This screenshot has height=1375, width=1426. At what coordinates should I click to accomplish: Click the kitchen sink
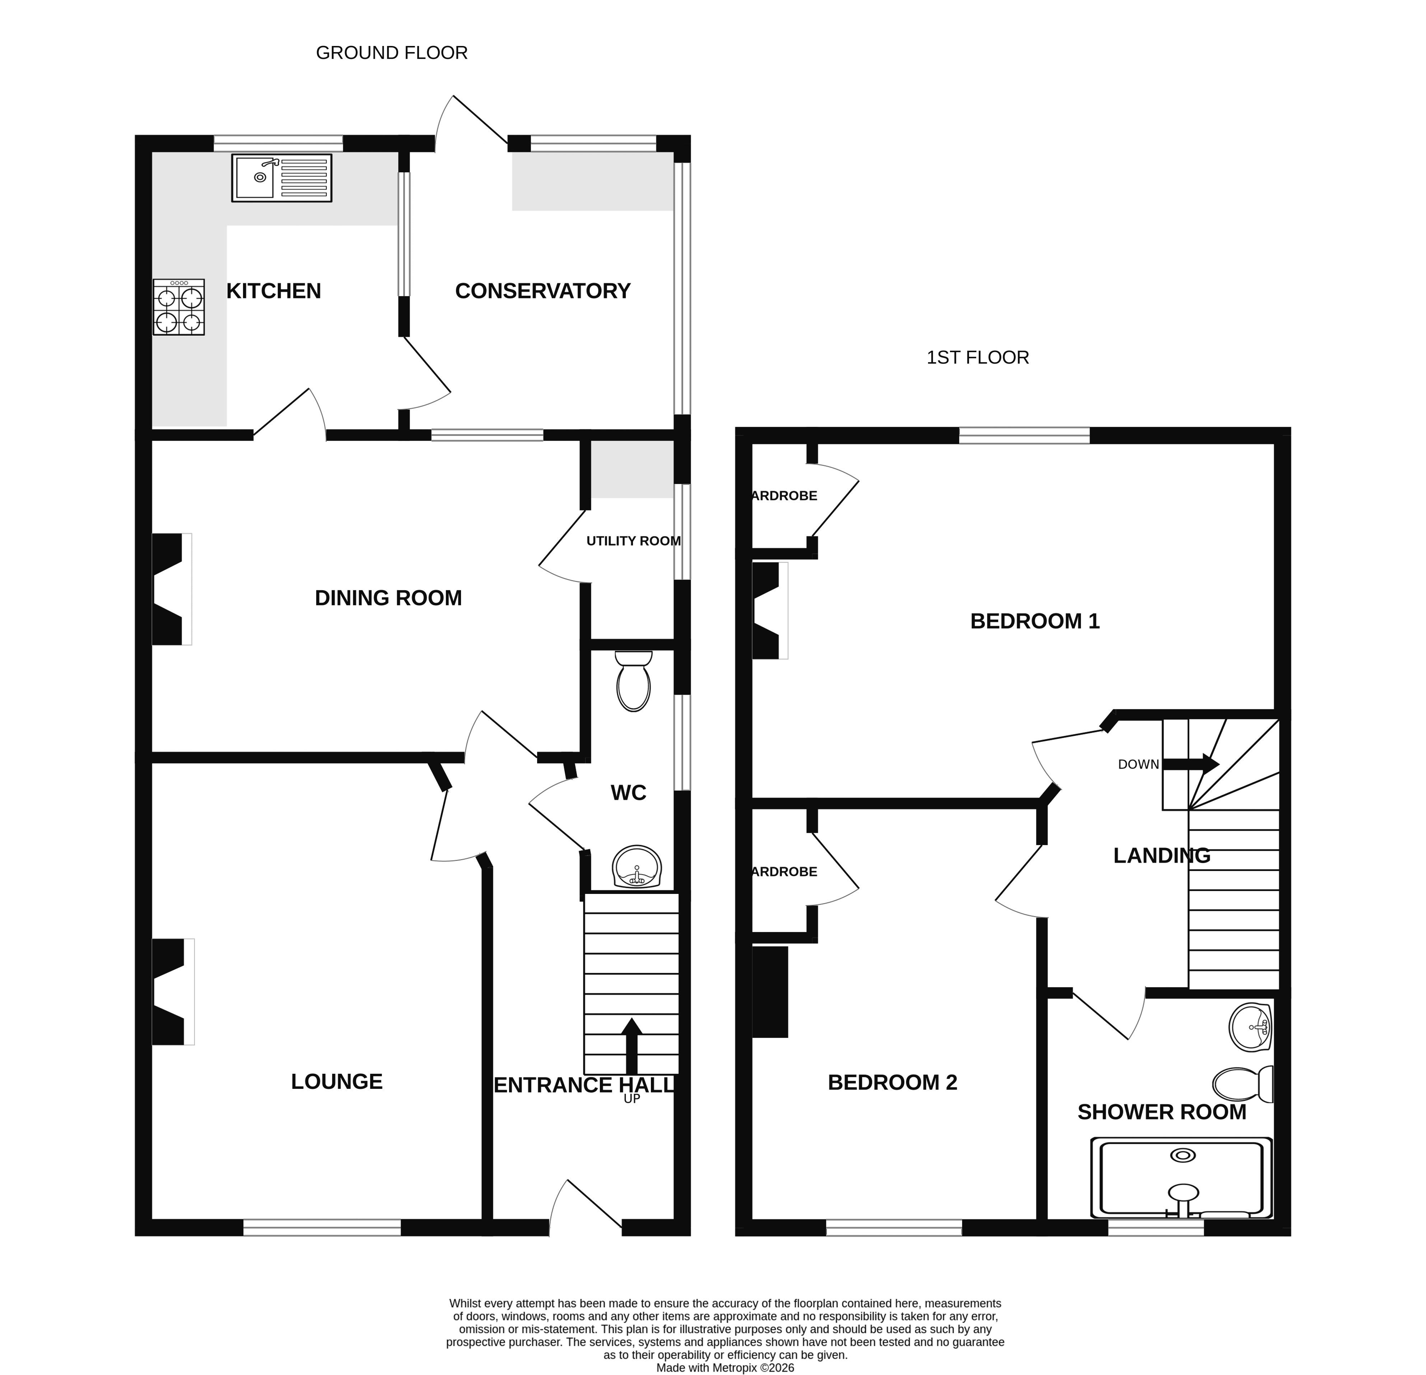tap(281, 177)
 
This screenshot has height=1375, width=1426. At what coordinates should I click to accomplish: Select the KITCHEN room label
tap(274, 291)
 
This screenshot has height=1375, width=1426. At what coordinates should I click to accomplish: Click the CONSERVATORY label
tap(543, 291)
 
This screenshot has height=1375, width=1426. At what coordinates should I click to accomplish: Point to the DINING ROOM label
tap(388, 598)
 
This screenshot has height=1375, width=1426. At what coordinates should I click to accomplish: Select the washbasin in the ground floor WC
tap(637, 868)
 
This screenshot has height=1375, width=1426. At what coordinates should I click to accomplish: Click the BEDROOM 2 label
tap(893, 1082)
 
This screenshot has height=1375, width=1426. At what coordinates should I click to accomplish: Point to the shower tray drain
tap(1182, 1155)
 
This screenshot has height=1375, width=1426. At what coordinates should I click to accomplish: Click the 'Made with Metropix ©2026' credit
tap(725, 1368)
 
